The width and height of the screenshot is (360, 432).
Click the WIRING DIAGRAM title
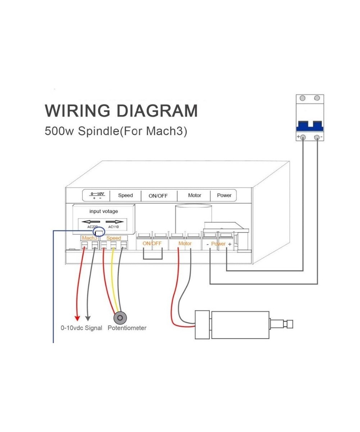[x=121, y=111]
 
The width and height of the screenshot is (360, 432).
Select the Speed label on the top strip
[x=125, y=195]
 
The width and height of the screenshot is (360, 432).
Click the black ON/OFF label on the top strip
[x=158, y=196]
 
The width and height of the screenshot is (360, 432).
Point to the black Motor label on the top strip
[x=194, y=195]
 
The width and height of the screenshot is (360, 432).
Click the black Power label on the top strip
[x=224, y=195]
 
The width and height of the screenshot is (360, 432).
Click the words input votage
[x=103, y=211]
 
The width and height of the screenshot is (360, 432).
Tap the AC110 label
[x=113, y=227]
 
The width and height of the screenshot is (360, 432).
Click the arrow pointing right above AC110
[x=114, y=222]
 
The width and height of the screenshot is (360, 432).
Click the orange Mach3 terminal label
[x=89, y=238]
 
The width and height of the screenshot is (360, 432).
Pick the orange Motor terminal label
[x=185, y=244]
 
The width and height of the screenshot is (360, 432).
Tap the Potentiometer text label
[x=127, y=328]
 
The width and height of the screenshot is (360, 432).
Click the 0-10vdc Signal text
[x=81, y=328]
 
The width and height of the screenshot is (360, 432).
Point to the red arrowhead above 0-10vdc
[x=77, y=318]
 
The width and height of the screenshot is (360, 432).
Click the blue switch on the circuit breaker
[x=310, y=126]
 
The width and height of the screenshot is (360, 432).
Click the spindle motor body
[x=240, y=324]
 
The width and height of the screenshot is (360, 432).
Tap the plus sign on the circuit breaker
[x=298, y=137]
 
